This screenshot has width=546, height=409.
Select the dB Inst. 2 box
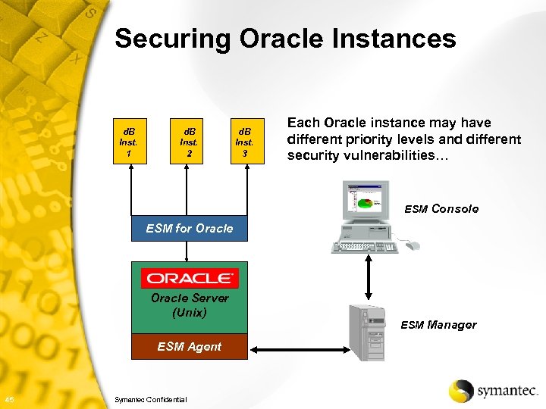click(189, 141)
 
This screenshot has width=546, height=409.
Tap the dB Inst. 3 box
click(244, 141)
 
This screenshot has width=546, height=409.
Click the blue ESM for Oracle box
click(190, 228)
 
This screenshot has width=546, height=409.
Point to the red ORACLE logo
click(190, 278)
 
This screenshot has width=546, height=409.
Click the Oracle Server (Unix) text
click(190, 305)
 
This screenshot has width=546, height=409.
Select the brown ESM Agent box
click(190, 347)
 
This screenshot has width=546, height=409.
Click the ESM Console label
click(441, 209)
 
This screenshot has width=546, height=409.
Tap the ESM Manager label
click(438, 325)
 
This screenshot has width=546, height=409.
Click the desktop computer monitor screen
click(364, 199)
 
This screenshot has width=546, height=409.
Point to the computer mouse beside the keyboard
click(410, 245)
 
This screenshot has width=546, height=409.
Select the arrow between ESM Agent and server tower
click(300, 350)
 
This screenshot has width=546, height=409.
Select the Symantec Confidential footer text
click(150, 399)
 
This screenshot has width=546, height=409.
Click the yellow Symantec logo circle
click(460, 390)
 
